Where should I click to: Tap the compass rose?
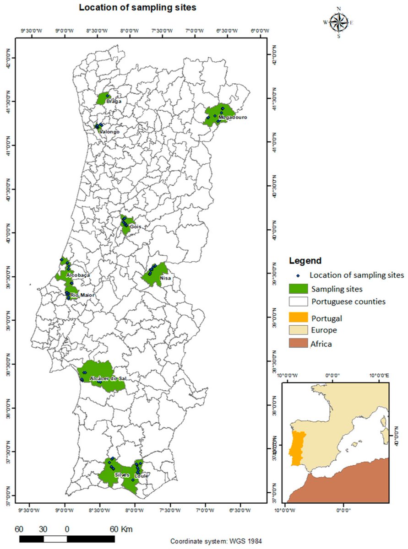click(338, 22)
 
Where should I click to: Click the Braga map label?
click(114, 101)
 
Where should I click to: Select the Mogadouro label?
click(233, 118)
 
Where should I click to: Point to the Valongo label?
click(109, 132)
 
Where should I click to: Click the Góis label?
click(135, 226)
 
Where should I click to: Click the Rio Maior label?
click(82, 296)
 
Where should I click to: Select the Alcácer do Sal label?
click(108, 379)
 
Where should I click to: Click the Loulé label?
click(141, 476)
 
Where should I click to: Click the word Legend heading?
click(305, 261)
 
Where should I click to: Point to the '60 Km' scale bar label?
click(121, 529)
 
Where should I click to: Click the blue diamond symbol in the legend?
click(298, 275)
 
